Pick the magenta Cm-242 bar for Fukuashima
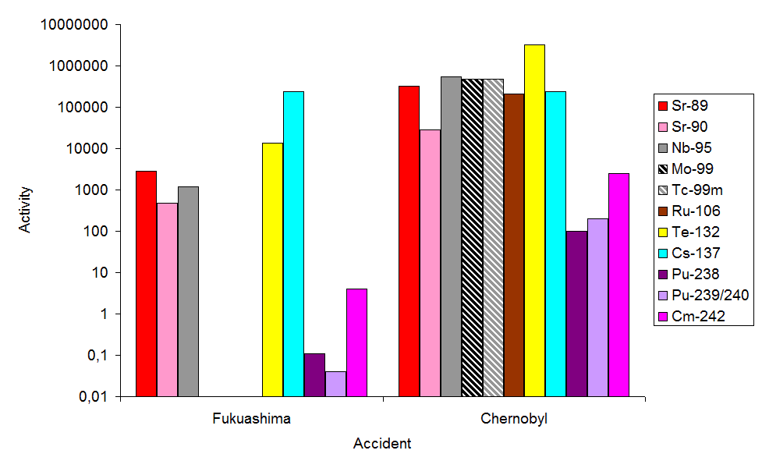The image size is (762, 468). pyautogui.click(x=356, y=342)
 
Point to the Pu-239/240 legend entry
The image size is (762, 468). pyautogui.click(x=701, y=296)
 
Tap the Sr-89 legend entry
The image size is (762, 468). pyautogui.click(x=689, y=105)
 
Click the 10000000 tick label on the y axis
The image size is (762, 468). pyautogui.click(x=74, y=25)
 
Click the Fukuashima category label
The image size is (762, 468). pyautogui.click(x=251, y=419)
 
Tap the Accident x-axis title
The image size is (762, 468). pyautogui.click(x=381, y=444)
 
